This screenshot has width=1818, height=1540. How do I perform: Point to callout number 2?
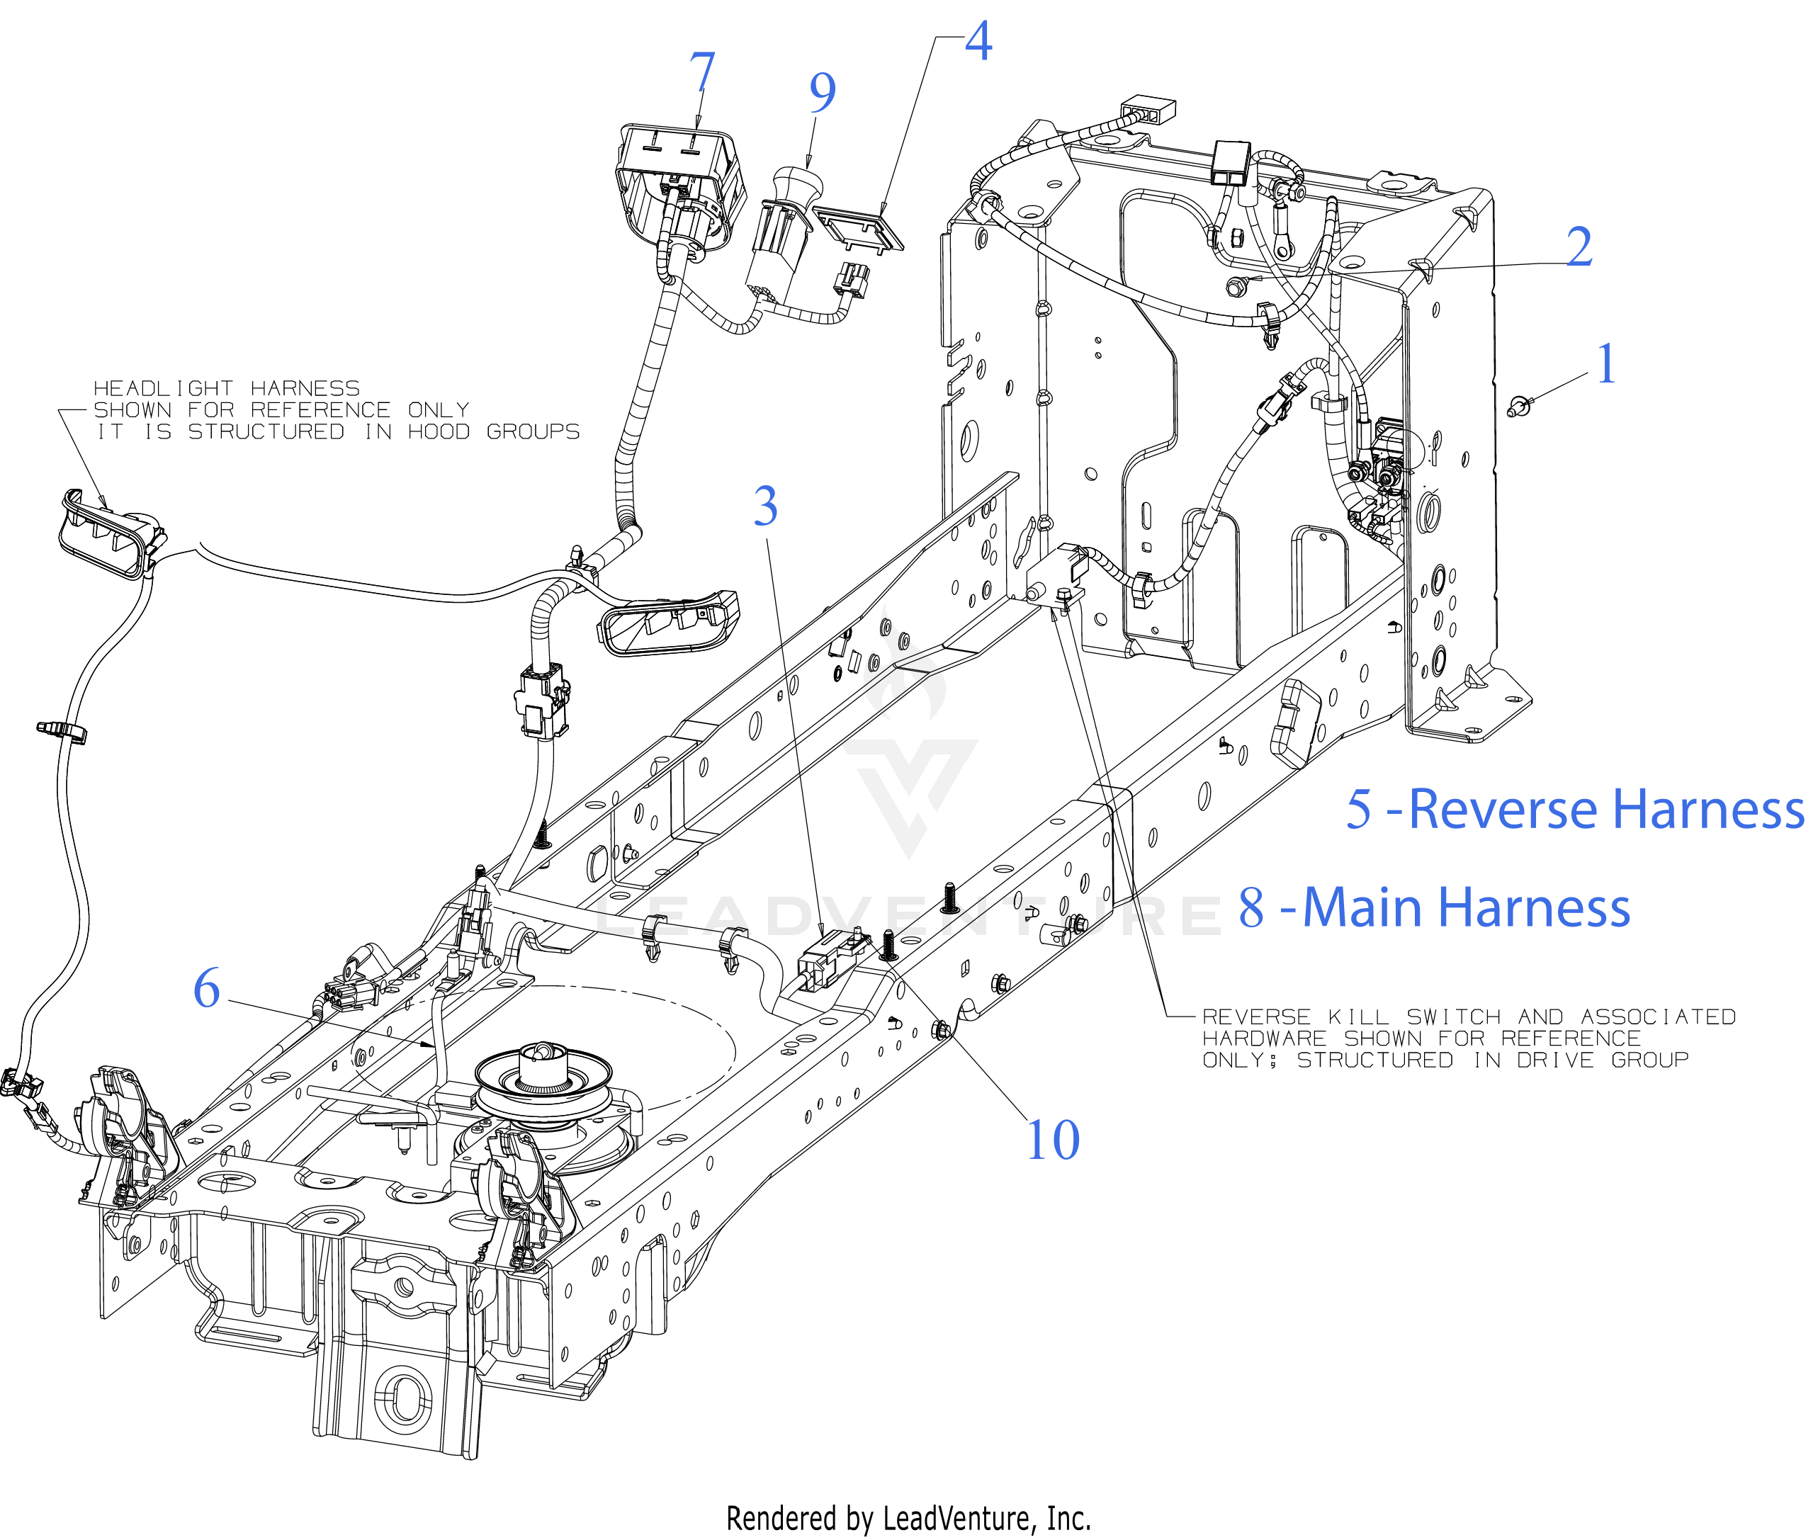pos(1579,247)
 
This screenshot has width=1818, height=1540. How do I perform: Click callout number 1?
pos(1606,364)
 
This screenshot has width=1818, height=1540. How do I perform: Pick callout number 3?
pos(765,506)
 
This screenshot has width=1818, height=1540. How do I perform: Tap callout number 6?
pos(207,988)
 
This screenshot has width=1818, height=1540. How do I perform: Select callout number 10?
pos(1052,1140)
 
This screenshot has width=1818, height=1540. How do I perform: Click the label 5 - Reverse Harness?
pos(1574,808)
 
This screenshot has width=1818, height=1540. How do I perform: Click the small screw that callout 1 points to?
pos(1519,406)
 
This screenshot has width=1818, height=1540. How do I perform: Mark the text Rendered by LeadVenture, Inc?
pos(908,1518)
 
